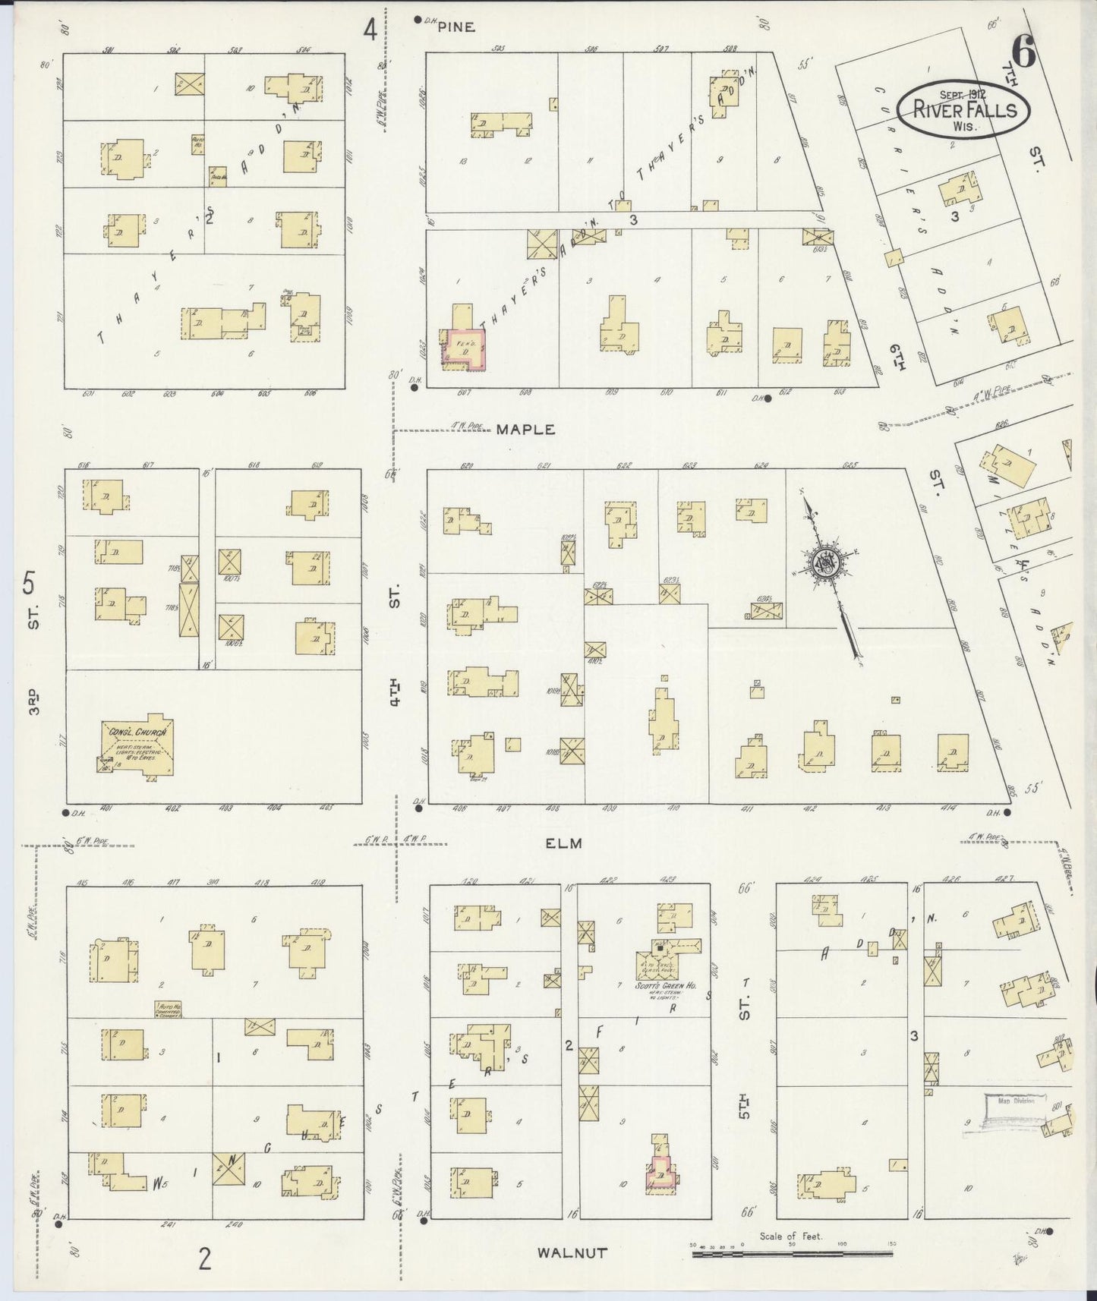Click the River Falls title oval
tap(963, 109)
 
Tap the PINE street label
tap(456, 27)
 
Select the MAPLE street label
tap(525, 430)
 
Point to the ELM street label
tap(563, 843)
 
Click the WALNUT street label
tap(572, 1252)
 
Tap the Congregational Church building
tap(138, 747)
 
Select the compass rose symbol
tap(823, 562)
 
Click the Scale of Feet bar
tap(793, 1255)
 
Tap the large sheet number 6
tap(1023, 52)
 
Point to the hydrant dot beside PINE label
tap(418, 20)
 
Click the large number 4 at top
tap(370, 29)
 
